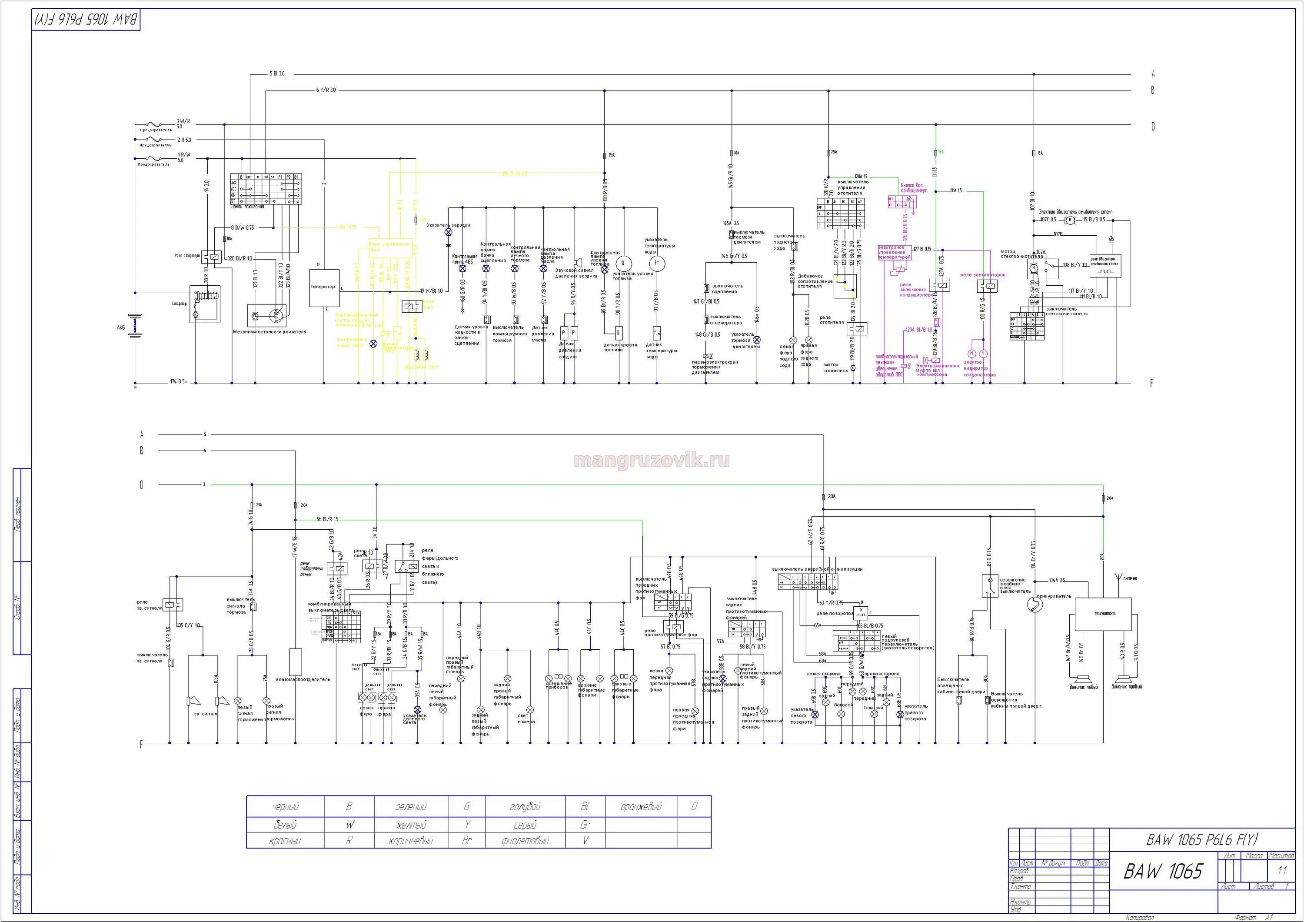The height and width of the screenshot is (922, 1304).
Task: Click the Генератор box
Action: [324, 288]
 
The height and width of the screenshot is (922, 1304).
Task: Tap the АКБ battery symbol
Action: [135, 326]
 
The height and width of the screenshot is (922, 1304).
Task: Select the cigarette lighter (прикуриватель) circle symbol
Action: [1035, 605]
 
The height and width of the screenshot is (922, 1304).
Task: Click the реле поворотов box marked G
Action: [861, 612]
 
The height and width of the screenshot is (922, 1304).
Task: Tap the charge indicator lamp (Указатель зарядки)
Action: [448, 232]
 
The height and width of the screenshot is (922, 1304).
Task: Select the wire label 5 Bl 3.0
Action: [277, 74]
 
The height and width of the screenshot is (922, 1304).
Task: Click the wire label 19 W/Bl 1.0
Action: [431, 291]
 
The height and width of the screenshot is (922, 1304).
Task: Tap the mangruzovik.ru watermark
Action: [652, 460]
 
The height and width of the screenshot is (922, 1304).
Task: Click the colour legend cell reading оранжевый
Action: [641, 807]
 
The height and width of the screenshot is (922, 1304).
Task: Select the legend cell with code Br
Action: [467, 840]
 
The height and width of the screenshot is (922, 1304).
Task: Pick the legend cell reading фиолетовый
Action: [526, 840]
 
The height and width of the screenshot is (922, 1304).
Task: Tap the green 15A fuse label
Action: [941, 152]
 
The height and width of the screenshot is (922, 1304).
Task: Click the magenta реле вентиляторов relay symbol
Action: [988, 286]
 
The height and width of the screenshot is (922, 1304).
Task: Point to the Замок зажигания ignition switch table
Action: [266, 189]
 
